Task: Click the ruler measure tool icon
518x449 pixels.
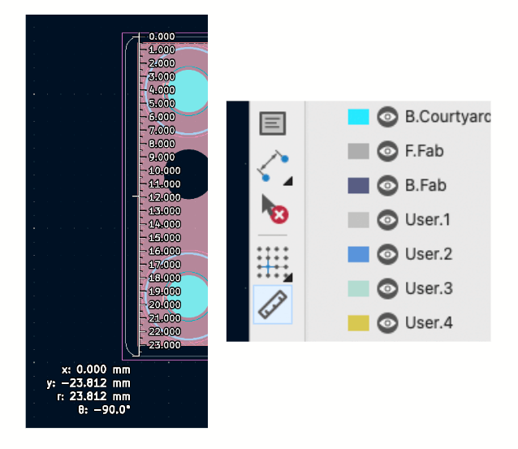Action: tap(272, 304)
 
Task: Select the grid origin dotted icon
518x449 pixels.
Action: tap(273, 262)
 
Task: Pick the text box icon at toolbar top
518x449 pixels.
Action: tap(273, 123)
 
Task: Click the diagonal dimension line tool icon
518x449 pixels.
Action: tap(273, 166)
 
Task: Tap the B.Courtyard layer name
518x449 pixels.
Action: tap(447, 117)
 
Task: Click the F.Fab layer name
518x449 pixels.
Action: tap(424, 151)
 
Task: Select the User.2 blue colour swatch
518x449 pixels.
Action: tap(358, 254)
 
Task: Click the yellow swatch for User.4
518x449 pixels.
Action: tap(358, 323)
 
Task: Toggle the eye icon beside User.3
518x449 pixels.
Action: tap(388, 289)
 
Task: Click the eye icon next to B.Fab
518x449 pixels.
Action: tap(388, 186)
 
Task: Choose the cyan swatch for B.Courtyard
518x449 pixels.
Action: tap(358, 117)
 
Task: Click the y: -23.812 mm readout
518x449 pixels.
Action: tap(88, 382)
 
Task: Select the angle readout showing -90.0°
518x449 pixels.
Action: tap(106, 408)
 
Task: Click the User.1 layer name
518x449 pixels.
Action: tap(427, 220)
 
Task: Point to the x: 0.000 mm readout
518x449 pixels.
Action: tap(95, 369)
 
